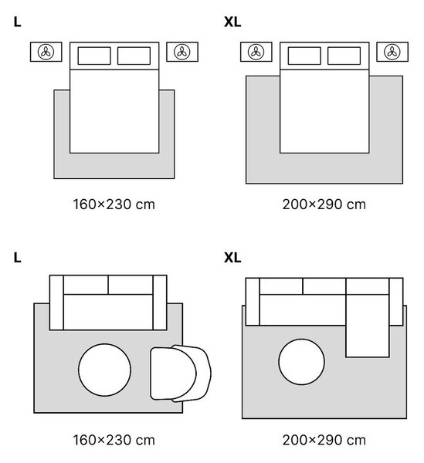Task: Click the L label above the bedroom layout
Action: pyautogui.click(x=18, y=22)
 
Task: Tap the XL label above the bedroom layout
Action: pyautogui.click(x=232, y=22)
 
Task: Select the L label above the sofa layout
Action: pyautogui.click(x=18, y=258)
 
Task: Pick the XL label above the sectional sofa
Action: pyautogui.click(x=232, y=258)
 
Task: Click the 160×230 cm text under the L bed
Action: pyautogui.click(x=114, y=204)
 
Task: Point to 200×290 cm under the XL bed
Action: pyautogui.click(x=324, y=204)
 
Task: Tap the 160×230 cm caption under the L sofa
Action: pyautogui.click(x=114, y=440)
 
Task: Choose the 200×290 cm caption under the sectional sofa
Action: pyautogui.click(x=324, y=440)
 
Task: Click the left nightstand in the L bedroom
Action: pyautogui.click(x=46, y=52)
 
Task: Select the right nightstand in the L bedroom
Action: pyautogui.click(x=182, y=52)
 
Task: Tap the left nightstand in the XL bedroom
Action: pyautogui.click(x=256, y=52)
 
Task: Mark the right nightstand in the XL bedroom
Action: pyautogui.click(x=392, y=52)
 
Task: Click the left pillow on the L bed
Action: pyautogui.click(x=94, y=56)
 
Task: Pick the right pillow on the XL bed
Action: pyautogui.click(x=344, y=56)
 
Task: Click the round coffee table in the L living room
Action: pyautogui.click(x=104, y=370)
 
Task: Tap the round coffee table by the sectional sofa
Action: pyautogui.click(x=301, y=362)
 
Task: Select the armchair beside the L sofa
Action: pyautogui.click(x=181, y=373)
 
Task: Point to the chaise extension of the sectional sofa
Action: pyautogui.click(x=368, y=326)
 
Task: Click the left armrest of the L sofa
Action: pyautogui.click(x=56, y=302)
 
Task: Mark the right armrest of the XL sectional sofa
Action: pyautogui.click(x=396, y=302)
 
